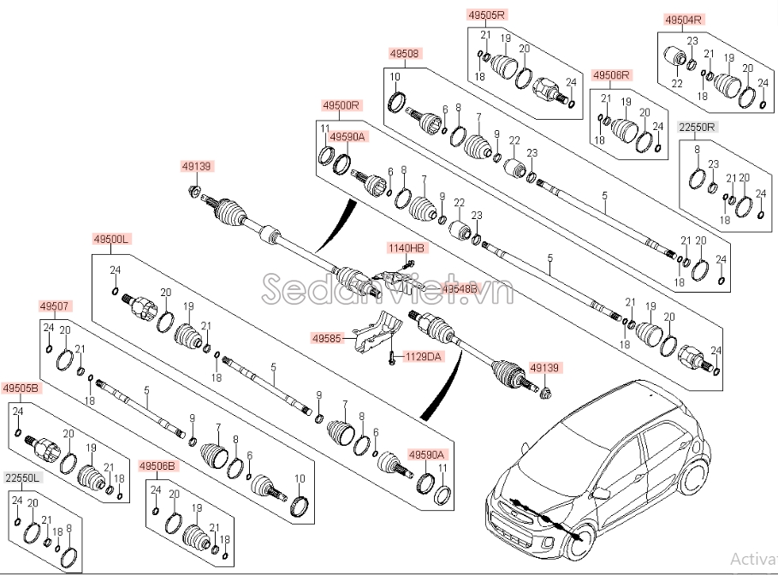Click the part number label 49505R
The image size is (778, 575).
pos(488,15)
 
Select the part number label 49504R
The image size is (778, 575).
pos(683,19)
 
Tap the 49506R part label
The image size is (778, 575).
pos(611,75)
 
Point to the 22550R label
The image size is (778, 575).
pos(698,127)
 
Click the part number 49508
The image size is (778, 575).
pos(404,54)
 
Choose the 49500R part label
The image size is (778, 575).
pos(341,106)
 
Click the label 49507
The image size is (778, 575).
pos(56,305)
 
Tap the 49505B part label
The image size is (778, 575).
pos(21,388)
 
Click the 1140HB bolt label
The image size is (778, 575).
pos(407,248)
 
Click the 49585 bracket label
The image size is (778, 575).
pos(326,339)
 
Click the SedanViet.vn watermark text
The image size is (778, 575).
pos(385,288)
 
